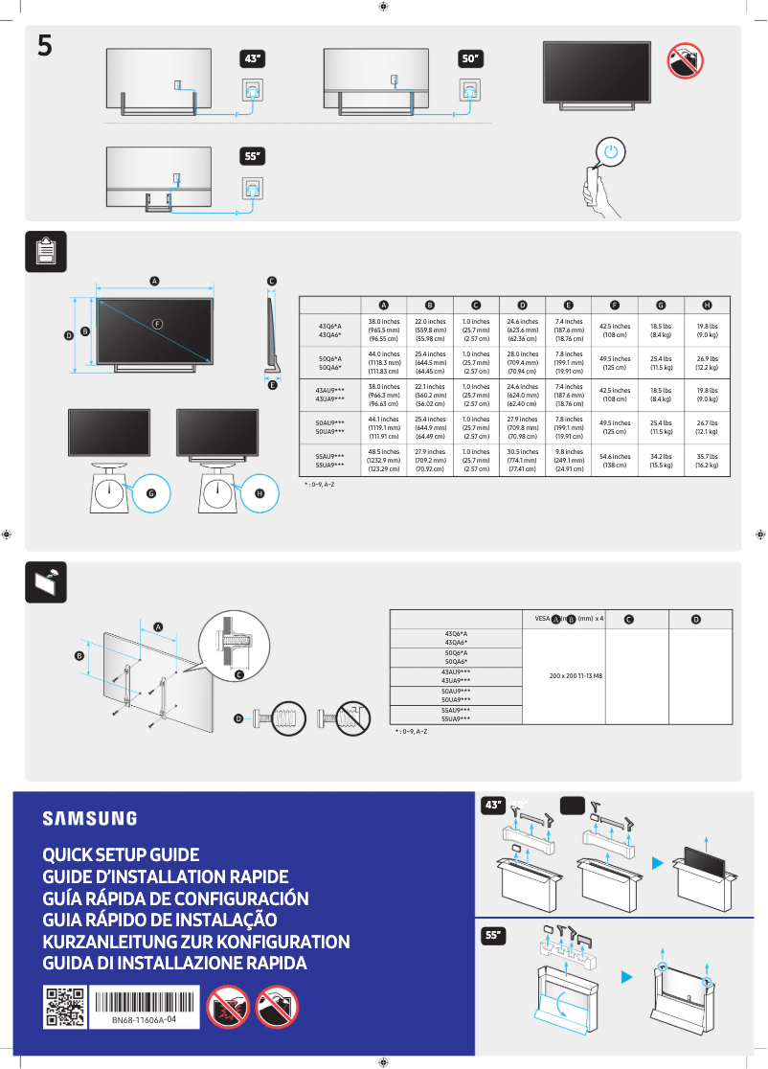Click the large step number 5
pos(44,44)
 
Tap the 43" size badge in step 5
pos(252,58)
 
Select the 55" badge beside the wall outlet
pos(252,156)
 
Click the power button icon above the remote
pos(612,151)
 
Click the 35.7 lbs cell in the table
pos(707,460)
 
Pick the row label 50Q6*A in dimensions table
pos(330,359)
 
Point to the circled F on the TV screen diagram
pos(157,323)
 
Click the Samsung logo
pos(89,818)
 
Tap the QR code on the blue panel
pos(64,1007)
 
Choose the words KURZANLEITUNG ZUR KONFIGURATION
pos(196,942)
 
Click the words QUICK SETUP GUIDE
pos(121,854)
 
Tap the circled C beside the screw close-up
pos(238,675)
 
